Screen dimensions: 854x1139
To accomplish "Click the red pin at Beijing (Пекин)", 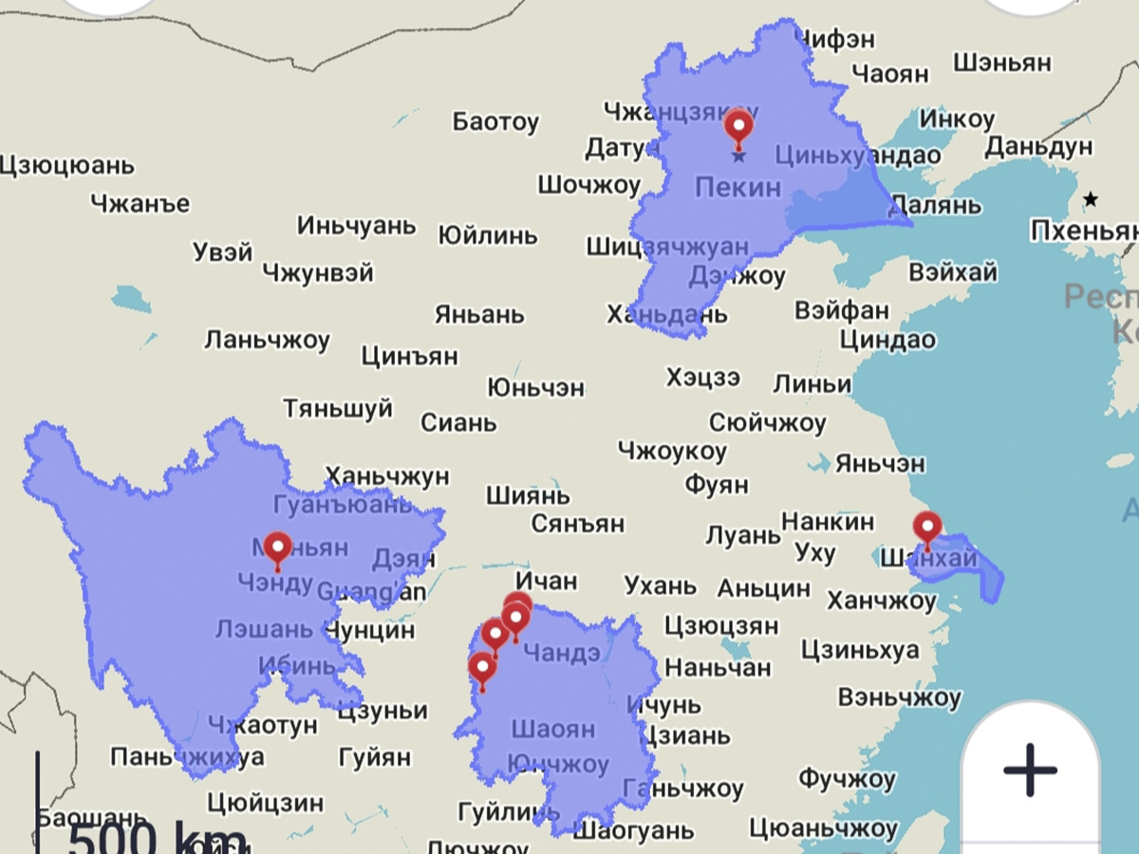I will click(x=738, y=127).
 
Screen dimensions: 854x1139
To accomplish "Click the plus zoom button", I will click(x=1030, y=769).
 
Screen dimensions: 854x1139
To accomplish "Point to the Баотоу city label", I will click(x=495, y=121).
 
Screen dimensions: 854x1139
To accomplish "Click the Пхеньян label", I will click(x=1083, y=231).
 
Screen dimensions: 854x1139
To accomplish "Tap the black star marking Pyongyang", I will click(x=1092, y=199).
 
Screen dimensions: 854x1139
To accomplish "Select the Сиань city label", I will click(x=458, y=422).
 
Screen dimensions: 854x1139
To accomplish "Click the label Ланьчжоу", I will click(x=267, y=340).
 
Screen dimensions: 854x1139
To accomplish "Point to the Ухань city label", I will click(x=660, y=585).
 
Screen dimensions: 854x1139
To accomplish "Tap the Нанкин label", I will click(x=828, y=521).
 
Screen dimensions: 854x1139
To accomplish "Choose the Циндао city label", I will click(x=887, y=340).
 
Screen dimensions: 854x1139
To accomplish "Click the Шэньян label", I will click(x=1002, y=63).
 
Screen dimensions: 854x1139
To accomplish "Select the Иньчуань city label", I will click(x=356, y=226).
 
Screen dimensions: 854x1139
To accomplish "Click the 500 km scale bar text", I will click(x=157, y=838).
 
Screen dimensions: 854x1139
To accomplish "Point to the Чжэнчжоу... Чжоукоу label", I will click(x=672, y=452).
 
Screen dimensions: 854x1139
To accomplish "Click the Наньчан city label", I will click(x=718, y=667).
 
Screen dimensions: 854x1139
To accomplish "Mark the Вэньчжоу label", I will click(x=899, y=698).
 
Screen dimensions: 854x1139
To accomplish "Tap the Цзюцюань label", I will click(x=66, y=165).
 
